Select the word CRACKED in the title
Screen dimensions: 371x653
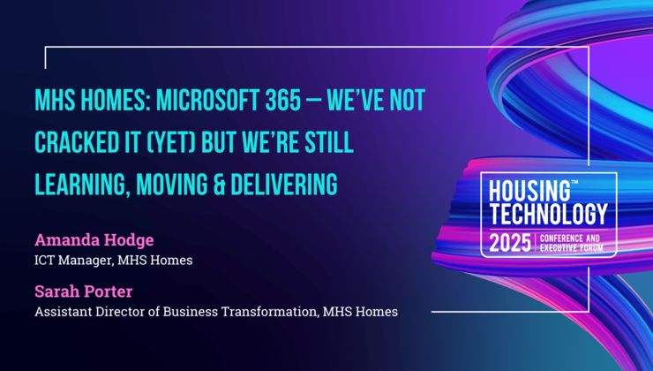(x=78, y=143)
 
